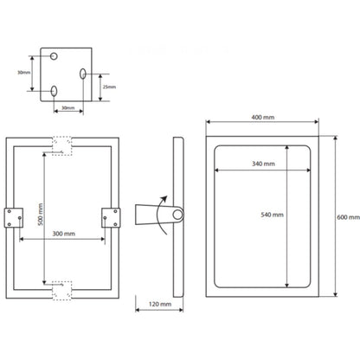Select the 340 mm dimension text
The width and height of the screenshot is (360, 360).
click(x=262, y=164)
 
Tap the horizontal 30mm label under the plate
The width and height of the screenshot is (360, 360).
click(x=67, y=107)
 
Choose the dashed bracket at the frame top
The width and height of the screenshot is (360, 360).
click(x=63, y=145)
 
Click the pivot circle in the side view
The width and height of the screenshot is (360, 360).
click(x=179, y=215)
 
